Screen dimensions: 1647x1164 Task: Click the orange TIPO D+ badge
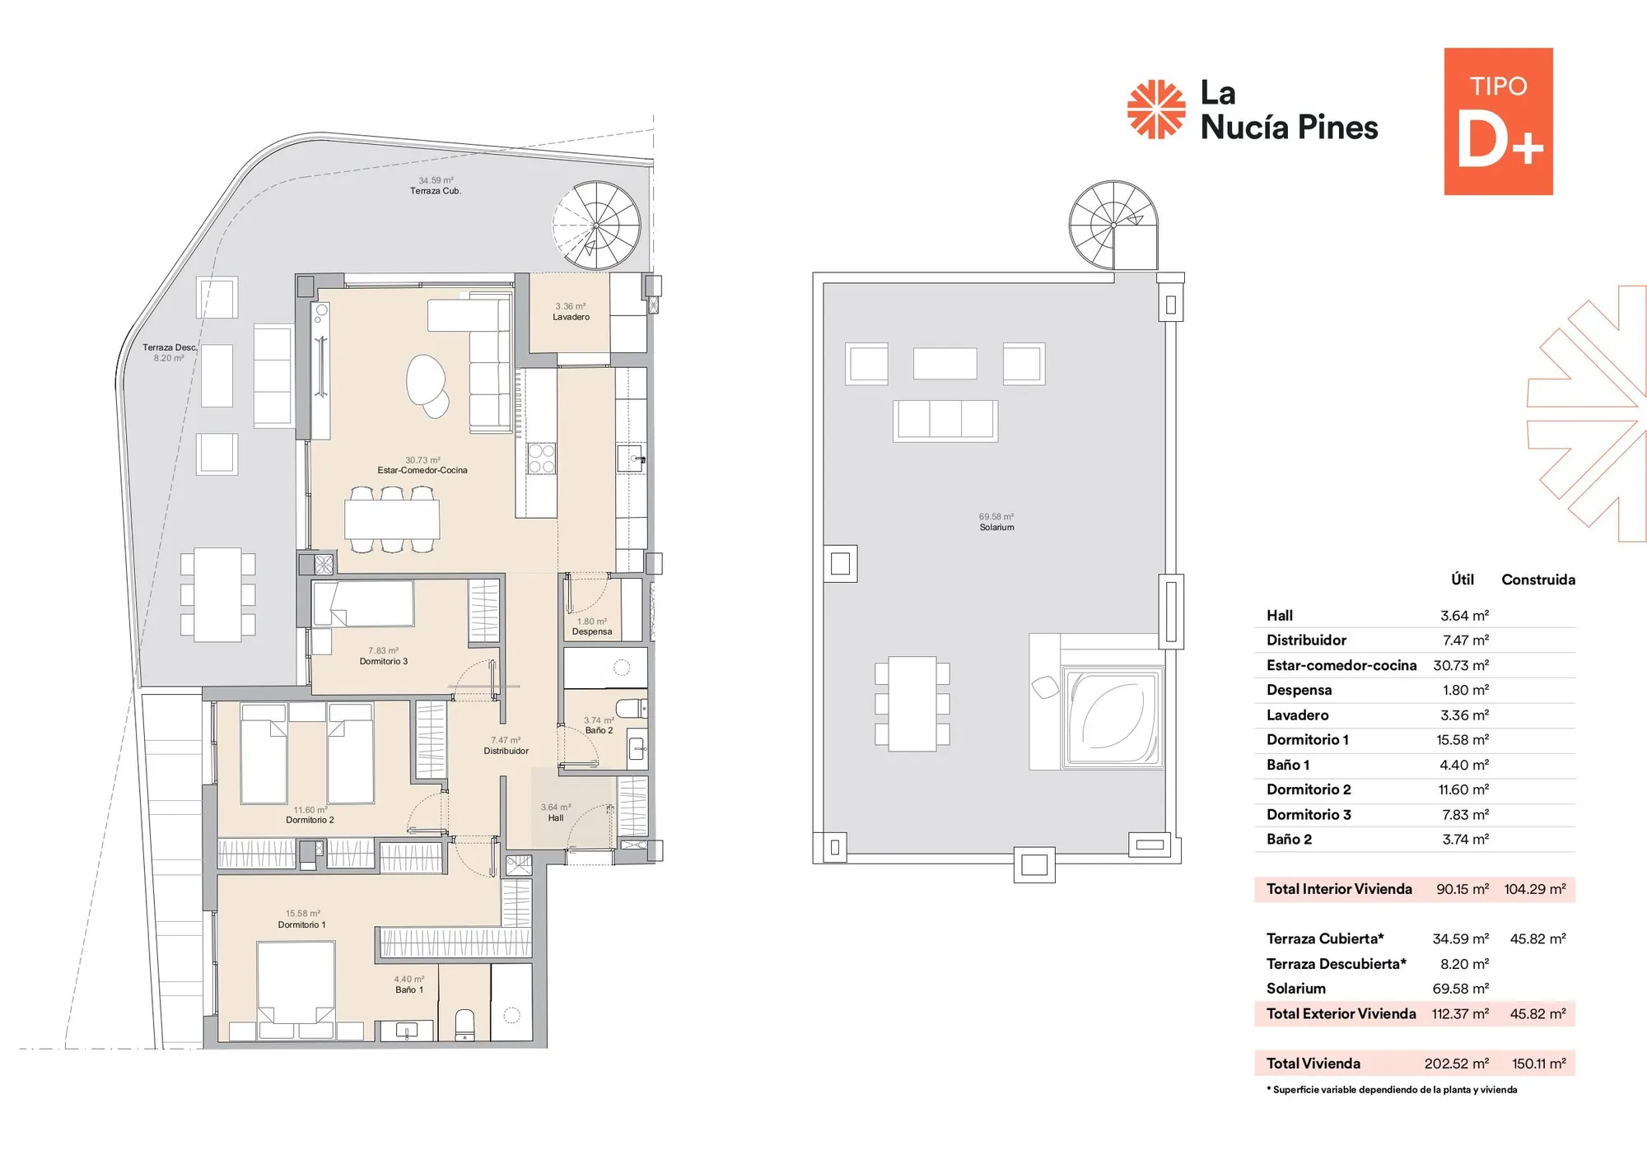point(1498,121)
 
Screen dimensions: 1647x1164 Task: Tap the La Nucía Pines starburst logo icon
point(1156,109)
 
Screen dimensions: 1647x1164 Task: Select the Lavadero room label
point(571,317)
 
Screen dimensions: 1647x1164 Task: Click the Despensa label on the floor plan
point(592,631)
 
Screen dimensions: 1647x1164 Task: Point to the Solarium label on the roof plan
point(996,527)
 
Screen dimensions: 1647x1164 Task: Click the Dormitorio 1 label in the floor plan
point(301,924)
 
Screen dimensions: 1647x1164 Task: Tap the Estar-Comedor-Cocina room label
point(422,470)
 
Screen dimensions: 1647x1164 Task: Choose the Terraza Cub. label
point(436,191)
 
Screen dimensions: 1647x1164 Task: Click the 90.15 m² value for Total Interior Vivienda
point(1463,889)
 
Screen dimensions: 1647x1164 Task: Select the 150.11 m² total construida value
point(1538,1064)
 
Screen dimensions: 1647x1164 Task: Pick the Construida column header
point(1538,580)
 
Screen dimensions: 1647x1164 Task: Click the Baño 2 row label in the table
point(1289,839)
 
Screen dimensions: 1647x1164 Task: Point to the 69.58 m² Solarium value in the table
point(1460,989)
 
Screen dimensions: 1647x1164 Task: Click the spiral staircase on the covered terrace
point(596,226)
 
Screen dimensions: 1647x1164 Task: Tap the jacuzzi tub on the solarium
point(1113,717)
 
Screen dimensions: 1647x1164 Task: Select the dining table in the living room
point(392,519)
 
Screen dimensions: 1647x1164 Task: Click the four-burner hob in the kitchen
point(541,459)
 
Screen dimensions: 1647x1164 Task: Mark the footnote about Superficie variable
point(1392,1090)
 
